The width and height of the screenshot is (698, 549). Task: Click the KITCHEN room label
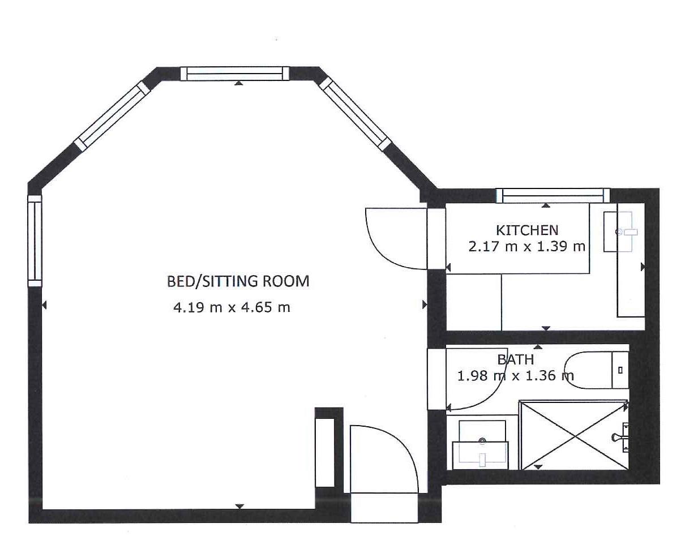tap(526, 230)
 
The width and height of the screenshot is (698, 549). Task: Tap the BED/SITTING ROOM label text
tap(238, 281)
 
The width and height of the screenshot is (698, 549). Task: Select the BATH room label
tap(515, 359)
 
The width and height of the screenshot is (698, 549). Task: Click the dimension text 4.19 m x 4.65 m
tap(232, 307)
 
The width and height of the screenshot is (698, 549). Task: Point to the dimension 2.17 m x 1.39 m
tap(526, 247)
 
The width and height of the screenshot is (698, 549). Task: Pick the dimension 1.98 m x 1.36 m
tap(515, 375)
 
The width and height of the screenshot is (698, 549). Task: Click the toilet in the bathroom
tap(589, 370)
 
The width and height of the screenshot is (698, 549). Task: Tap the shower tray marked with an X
tap(574, 435)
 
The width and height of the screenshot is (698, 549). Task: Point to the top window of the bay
tap(235, 74)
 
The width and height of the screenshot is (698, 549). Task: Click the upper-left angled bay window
tap(111, 116)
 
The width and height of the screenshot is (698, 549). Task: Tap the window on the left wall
tap(35, 241)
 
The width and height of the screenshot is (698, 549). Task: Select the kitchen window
tap(553, 195)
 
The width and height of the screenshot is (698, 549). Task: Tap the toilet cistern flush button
tap(620, 370)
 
